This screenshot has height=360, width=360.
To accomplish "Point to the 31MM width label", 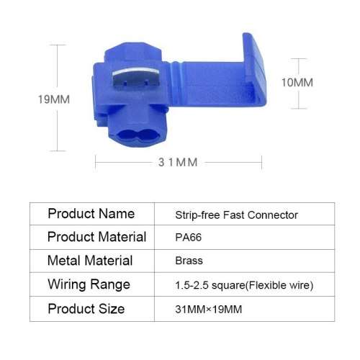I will click(177, 162).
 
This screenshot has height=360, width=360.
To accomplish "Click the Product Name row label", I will click(91, 214).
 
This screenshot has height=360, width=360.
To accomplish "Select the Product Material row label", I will click(96, 237).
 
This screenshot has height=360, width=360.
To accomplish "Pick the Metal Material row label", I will click(90, 261).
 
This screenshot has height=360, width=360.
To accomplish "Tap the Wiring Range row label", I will click(89, 284).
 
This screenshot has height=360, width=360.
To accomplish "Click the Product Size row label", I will click(86, 309).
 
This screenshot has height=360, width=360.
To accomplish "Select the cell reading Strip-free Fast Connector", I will click(236, 215).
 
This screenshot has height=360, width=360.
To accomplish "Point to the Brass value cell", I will click(189, 261).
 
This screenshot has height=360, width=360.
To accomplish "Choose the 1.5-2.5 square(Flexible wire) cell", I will click(244, 285).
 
